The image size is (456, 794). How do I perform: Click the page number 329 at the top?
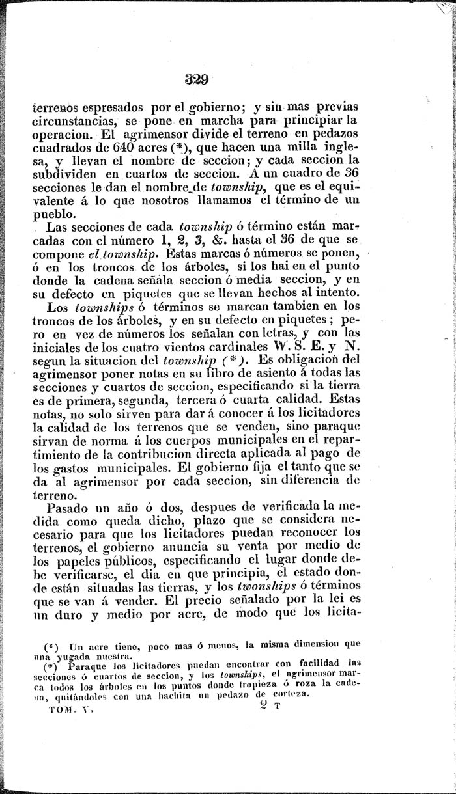pos(195,80)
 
